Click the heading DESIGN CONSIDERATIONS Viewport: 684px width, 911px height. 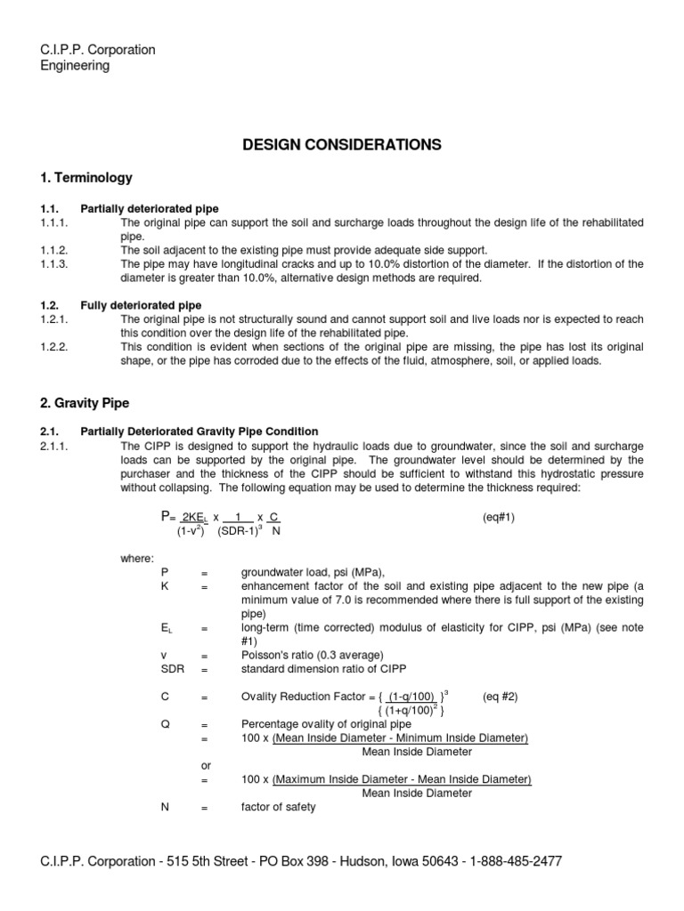tap(342, 144)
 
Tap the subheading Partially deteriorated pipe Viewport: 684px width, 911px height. tap(149, 209)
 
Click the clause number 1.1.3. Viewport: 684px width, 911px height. tap(54, 264)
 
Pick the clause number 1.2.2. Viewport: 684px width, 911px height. tap(54, 348)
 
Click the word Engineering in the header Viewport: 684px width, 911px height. tap(75, 66)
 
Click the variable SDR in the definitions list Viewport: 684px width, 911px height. tap(170, 668)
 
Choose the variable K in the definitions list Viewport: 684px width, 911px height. tap(164, 586)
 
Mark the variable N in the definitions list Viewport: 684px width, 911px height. tap(164, 808)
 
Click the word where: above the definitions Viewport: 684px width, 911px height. tap(137, 558)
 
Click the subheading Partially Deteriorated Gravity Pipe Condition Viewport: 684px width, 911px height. tap(199, 431)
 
